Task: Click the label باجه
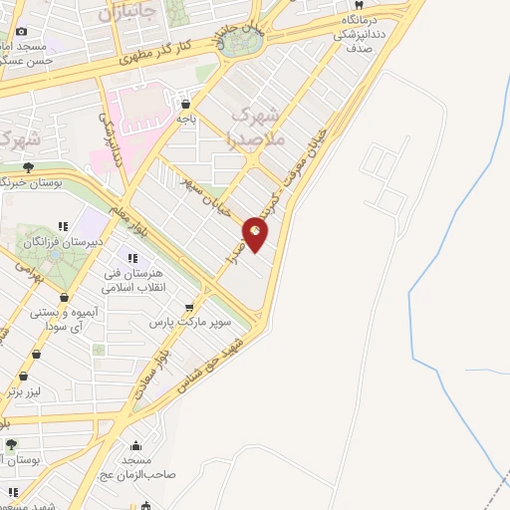[x=185, y=118]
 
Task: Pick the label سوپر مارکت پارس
[x=190, y=323]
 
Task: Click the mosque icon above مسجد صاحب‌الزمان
[x=135, y=445]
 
